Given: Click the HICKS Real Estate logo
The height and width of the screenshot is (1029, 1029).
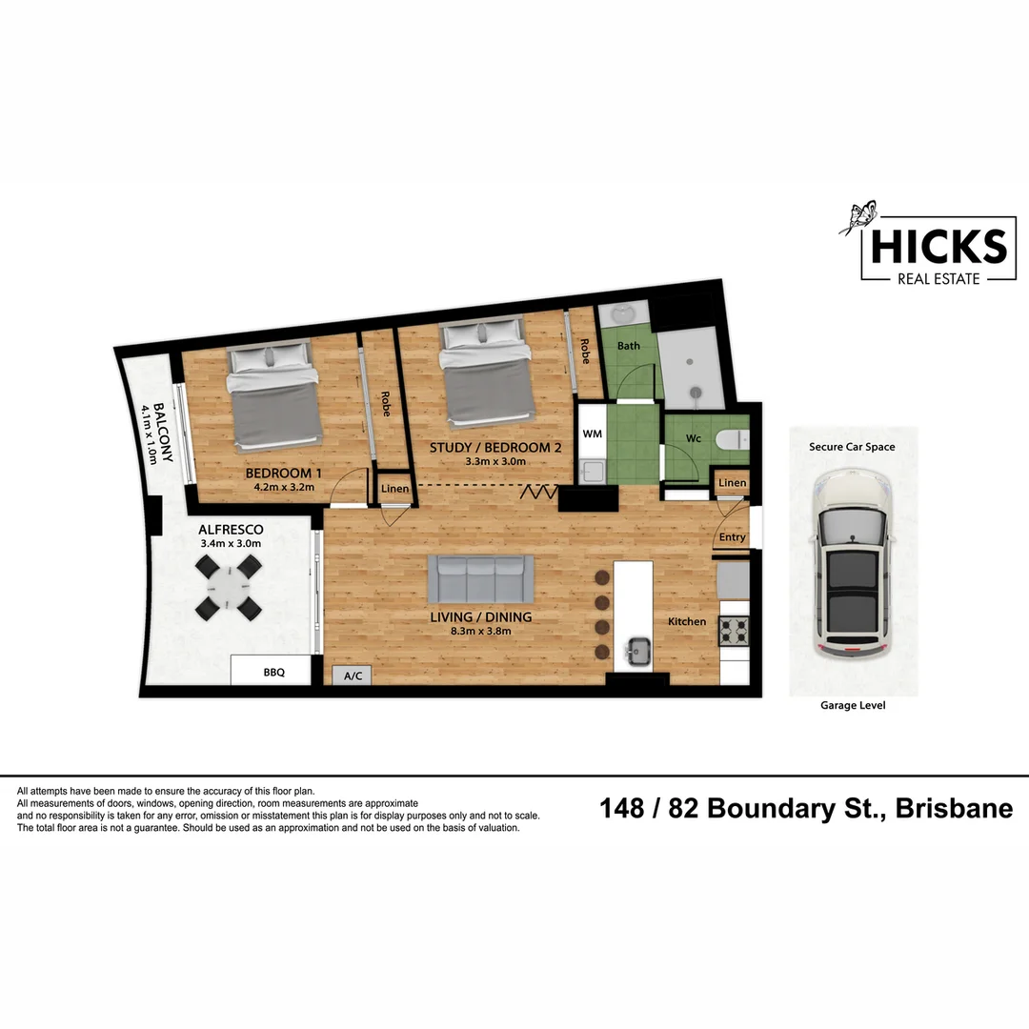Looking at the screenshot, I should pos(934,247).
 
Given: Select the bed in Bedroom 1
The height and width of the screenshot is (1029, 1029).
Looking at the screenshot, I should pos(273,398).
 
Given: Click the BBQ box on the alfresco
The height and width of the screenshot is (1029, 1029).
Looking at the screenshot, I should pos(272,671).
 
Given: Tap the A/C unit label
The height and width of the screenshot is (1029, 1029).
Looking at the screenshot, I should pos(353,676).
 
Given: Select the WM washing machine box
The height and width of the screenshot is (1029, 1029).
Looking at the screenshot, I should pos(592,434).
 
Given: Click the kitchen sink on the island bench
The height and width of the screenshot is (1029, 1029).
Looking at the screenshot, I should pos(636,653).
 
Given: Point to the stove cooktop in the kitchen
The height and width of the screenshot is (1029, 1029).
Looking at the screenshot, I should pos(735,629).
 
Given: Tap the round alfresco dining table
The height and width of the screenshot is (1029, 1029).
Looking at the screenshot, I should pos(229,588).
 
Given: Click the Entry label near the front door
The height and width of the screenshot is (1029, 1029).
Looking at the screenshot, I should pos(733,537).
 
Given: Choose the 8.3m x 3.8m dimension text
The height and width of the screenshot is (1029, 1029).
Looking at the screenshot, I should pos(480,631).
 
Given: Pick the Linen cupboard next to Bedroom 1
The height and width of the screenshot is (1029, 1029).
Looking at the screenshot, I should pos(394,489).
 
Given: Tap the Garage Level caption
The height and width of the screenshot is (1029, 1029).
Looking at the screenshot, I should pos(853,706).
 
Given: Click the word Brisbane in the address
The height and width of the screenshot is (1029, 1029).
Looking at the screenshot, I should pos(954,809).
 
